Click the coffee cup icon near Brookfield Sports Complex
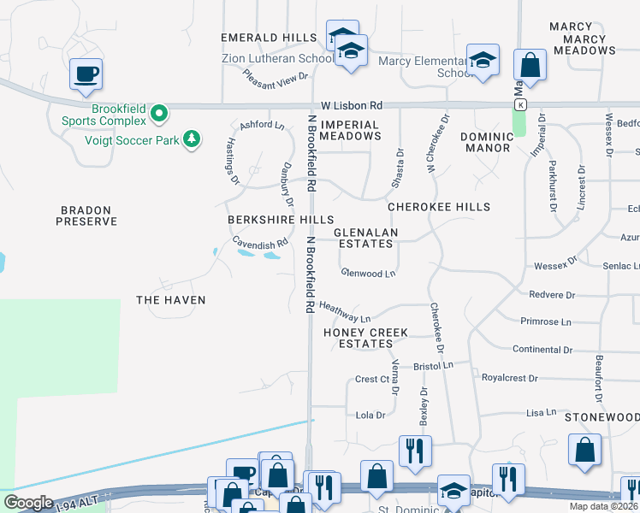[86, 74]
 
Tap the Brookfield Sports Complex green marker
[158, 113]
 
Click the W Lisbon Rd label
[348, 104]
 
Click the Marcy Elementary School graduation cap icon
[483, 61]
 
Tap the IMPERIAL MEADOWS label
[349, 130]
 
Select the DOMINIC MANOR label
[485, 142]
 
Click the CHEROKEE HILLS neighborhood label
[439, 207]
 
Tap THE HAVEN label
[171, 300]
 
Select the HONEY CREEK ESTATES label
[365, 338]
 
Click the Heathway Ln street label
[344, 311]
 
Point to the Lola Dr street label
[370, 415]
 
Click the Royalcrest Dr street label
[510, 377]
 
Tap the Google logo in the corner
[27, 503]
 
